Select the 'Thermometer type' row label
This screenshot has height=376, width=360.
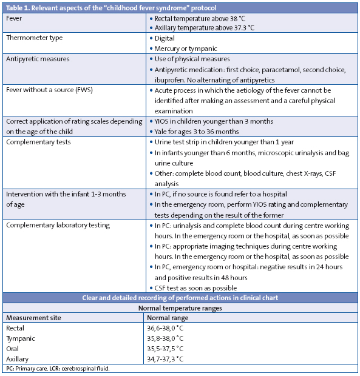pos(33,38)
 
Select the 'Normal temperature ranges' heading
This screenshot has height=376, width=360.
pos(180,307)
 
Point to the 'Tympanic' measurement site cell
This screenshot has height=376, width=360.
pos(20,338)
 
